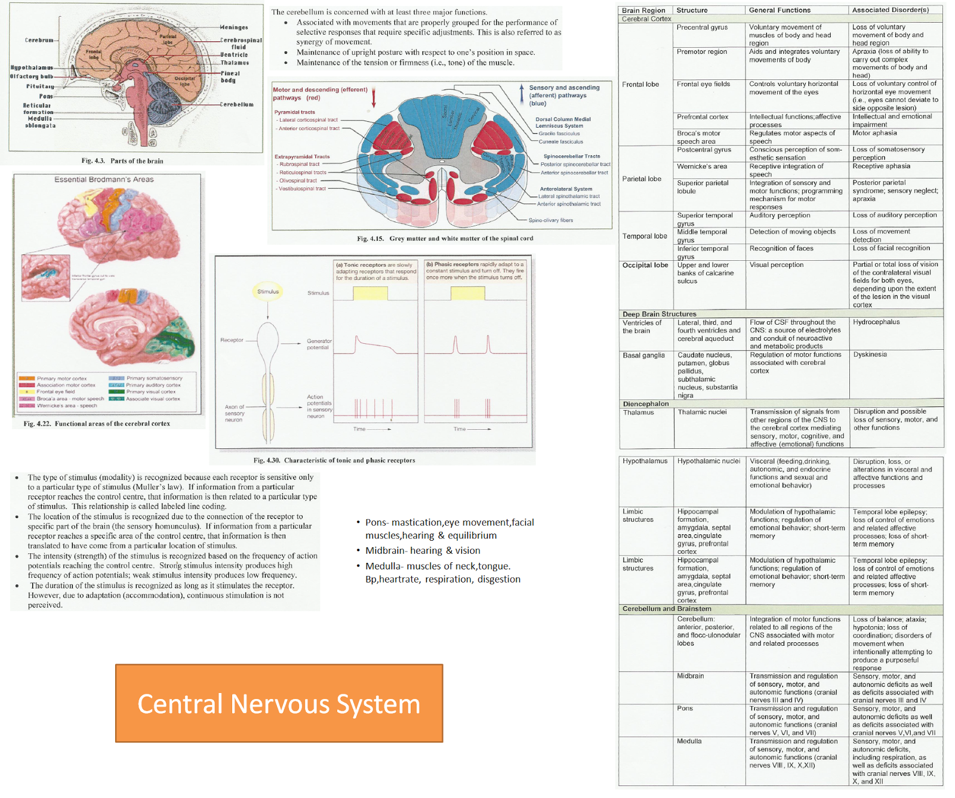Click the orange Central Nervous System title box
279,703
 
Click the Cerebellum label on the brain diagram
237,104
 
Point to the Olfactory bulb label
32,76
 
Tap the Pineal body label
230,76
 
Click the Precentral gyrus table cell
702,27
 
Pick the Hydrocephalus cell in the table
876,322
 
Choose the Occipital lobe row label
645,265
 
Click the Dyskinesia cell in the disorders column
870,355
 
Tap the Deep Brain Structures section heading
659,314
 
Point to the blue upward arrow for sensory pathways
522,95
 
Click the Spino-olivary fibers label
550,220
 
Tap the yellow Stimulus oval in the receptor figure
268,292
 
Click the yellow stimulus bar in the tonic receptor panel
370,293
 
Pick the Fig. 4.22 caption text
97,424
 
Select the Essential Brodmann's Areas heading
104,180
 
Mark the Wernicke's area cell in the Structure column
702,167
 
